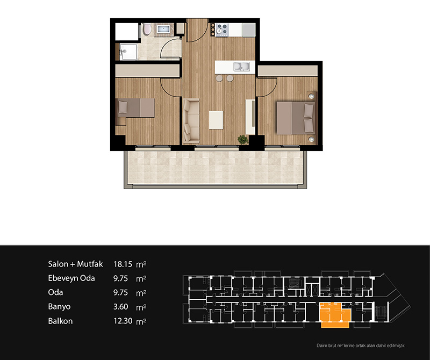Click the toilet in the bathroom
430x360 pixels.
(x=147, y=29)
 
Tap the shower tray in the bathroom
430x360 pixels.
(x=128, y=52)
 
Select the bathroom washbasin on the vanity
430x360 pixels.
(x=164, y=29)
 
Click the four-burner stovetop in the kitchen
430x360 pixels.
(x=222, y=30)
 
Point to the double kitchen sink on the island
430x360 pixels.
(x=241, y=66)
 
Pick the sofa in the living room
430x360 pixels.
(x=191, y=121)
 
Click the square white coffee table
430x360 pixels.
(x=216, y=119)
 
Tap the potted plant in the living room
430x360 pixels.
(x=243, y=140)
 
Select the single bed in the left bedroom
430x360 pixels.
(x=136, y=108)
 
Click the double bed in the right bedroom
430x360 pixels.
(x=295, y=118)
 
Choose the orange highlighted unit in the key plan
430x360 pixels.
(x=335, y=315)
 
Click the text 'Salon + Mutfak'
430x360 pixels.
(x=75, y=264)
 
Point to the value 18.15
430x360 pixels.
(x=123, y=264)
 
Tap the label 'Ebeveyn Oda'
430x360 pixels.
(x=71, y=278)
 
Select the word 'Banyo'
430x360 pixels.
(x=59, y=306)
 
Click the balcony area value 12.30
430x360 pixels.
(x=123, y=321)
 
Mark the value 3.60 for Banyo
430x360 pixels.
(x=120, y=306)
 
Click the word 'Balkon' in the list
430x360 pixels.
(x=60, y=321)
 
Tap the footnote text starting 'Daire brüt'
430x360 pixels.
(x=361, y=345)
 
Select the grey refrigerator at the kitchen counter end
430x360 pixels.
(x=249, y=30)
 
